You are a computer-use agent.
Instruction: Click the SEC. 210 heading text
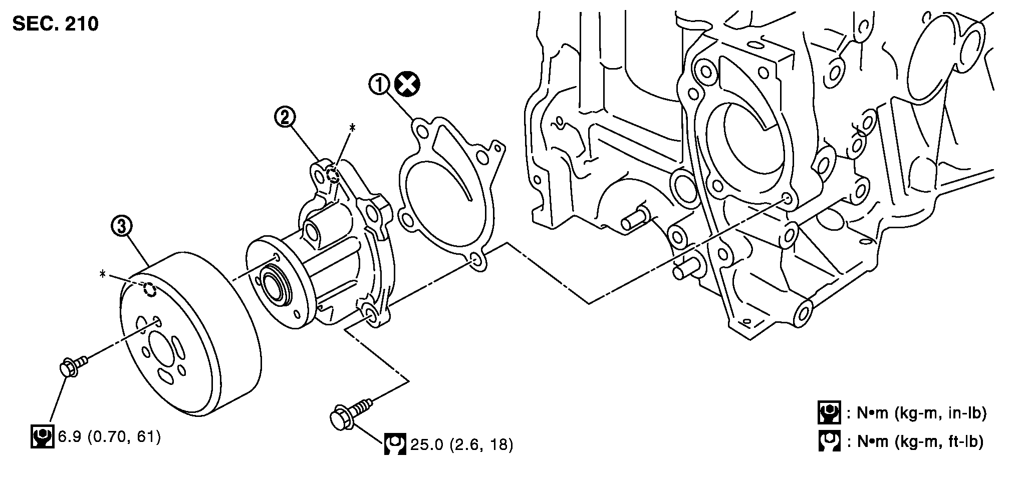(x=56, y=23)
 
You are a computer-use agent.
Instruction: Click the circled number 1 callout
(x=380, y=84)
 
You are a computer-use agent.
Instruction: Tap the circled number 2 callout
(x=284, y=117)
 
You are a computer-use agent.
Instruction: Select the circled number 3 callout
(x=122, y=227)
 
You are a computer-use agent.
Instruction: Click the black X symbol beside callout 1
(x=407, y=84)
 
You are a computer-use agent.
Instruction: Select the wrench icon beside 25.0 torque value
(x=395, y=443)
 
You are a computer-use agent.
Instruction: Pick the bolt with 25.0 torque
(x=349, y=413)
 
